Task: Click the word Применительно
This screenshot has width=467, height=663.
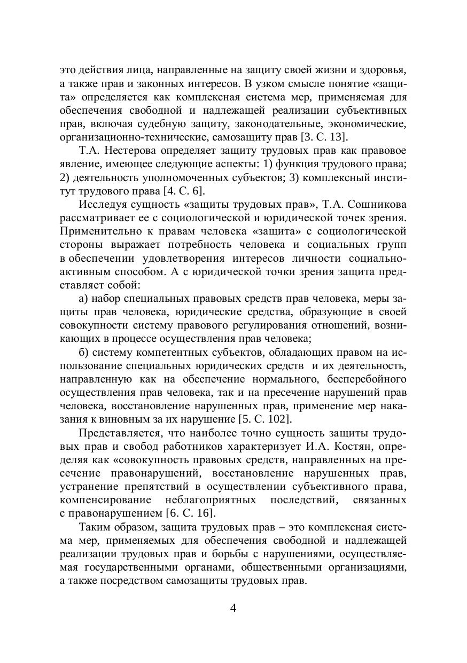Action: pyautogui.click(x=99, y=231)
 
